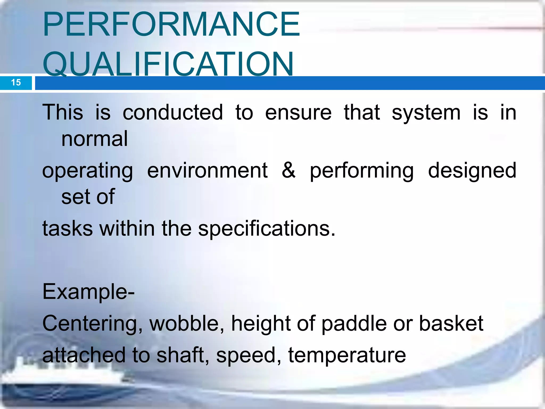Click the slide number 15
pyautogui.click(x=16, y=83)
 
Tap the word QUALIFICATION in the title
pyautogui.click(x=168, y=64)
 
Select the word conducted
pyautogui.click(x=173, y=112)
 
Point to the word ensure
pyautogui.click(x=298, y=112)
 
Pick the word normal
pyautogui.click(x=94, y=139)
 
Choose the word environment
pyautogui.click(x=207, y=170)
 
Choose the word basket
pyautogui.click(x=451, y=323)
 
